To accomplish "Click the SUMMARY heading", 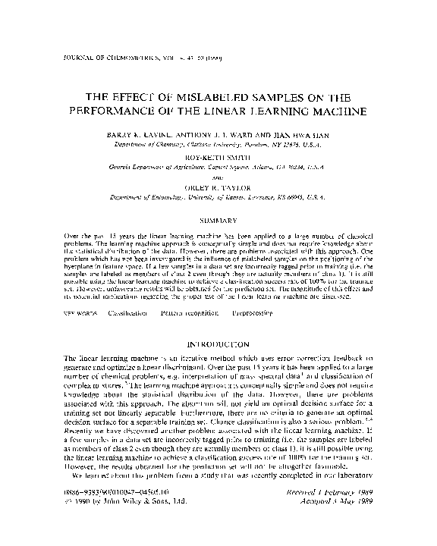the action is tap(218, 220).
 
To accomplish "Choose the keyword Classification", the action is tap(127, 312).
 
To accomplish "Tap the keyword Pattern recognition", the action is tap(192, 312).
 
